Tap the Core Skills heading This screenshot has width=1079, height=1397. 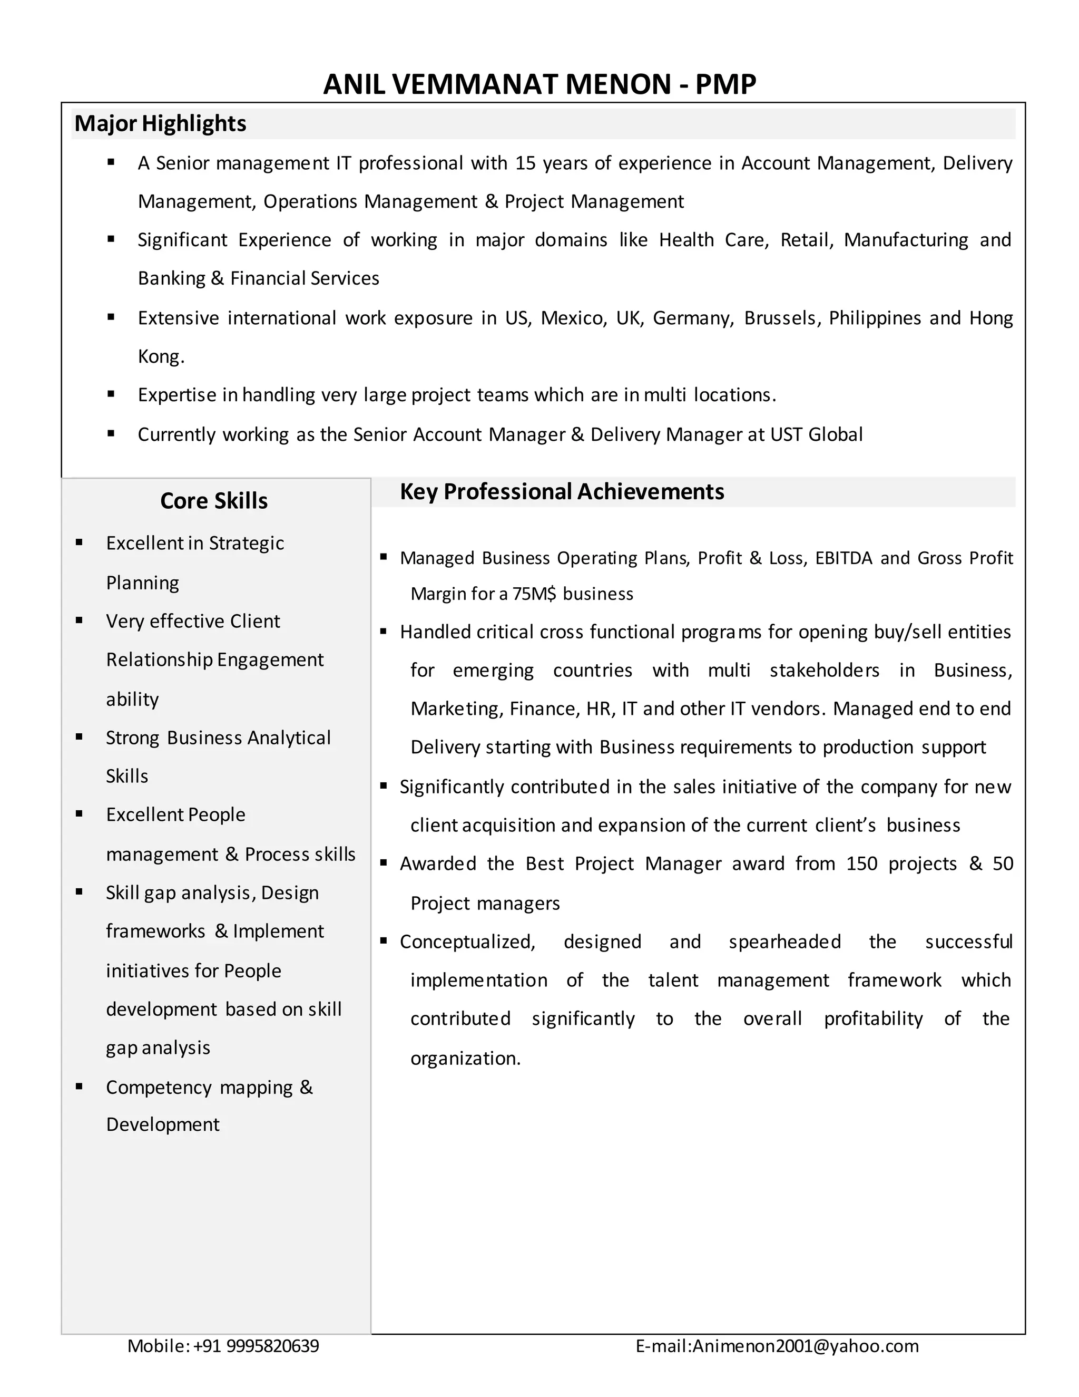tap(213, 500)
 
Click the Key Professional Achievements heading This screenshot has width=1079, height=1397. tap(561, 491)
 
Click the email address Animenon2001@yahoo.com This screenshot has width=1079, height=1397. tap(806, 1346)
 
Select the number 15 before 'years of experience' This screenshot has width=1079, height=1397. tap(525, 163)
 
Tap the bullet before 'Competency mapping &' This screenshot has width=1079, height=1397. tap(79, 1086)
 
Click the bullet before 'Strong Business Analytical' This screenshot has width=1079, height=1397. tap(79, 736)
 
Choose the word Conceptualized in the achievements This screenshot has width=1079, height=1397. tap(467, 942)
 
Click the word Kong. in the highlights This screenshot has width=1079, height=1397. tap(161, 356)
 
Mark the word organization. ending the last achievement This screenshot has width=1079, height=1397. tap(465, 1058)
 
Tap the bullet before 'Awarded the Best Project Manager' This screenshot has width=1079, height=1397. tap(384, 862)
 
